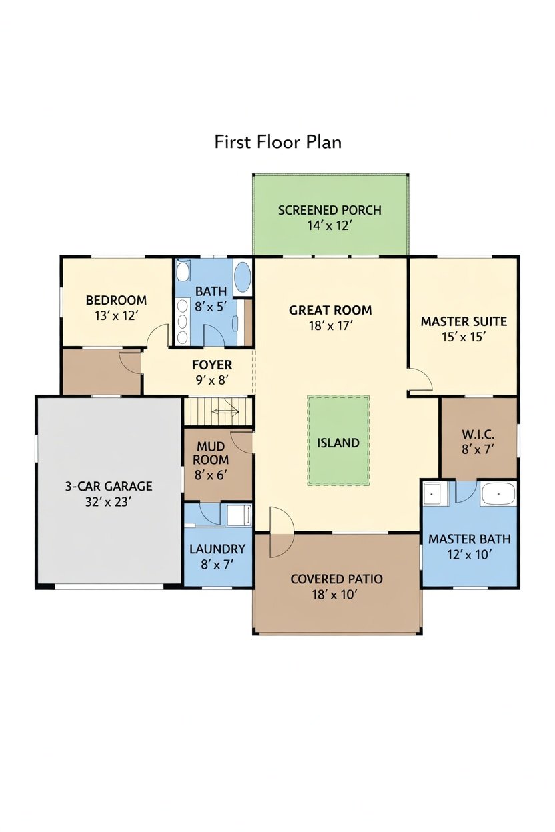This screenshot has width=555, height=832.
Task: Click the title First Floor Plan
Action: [x=277, y=142]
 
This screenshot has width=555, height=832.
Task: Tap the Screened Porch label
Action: [x=330, y=210]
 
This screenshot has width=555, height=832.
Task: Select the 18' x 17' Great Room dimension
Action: [x=330, y=326]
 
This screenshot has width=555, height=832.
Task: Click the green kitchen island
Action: [x=338, y=441]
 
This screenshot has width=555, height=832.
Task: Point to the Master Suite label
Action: [x=464, y=321]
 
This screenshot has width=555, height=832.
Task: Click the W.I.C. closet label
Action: [x=478, y=434]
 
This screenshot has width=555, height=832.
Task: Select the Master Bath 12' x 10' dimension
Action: [x=469, y=555]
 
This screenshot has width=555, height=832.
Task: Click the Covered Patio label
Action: [x=336, y=579]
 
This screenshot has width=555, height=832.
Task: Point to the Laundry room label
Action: [x=217, y=549]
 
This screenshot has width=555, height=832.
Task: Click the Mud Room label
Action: [x=210, y=453]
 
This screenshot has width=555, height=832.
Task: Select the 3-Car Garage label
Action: [x=109, y=486]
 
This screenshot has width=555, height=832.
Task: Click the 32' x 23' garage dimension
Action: [x=109, y=502]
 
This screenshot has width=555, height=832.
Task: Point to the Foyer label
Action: [x=212, y=365]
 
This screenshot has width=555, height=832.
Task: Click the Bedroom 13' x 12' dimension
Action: [x=116, y=316]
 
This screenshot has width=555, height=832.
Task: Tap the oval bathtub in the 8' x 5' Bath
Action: [x=243, y=277]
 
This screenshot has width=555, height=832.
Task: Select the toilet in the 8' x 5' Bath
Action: [x=183, y=271]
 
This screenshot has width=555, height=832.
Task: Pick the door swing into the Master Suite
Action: [x=420, y=379]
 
